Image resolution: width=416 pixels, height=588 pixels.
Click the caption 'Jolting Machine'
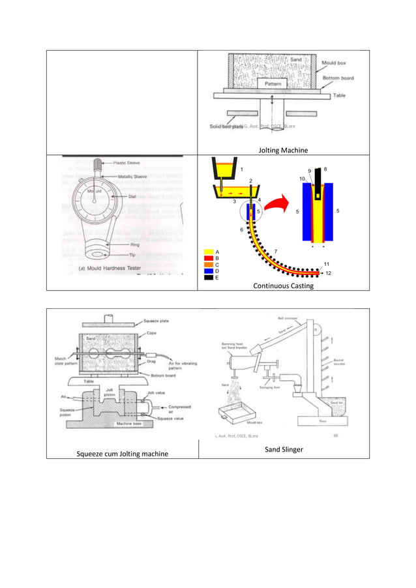click(283, 151)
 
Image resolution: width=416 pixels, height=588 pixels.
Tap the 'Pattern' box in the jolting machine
click(272, 84)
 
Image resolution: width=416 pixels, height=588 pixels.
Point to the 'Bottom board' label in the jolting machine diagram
click(338, 78)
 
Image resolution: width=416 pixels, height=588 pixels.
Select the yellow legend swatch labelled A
click(209, 251)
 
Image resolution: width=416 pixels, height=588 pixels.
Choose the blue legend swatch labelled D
click(209, 271)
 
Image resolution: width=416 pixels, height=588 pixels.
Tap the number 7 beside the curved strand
click(276, 251)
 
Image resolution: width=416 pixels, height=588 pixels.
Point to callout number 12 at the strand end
click(328, 273)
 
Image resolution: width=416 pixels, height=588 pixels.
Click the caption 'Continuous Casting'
click(283, 286)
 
